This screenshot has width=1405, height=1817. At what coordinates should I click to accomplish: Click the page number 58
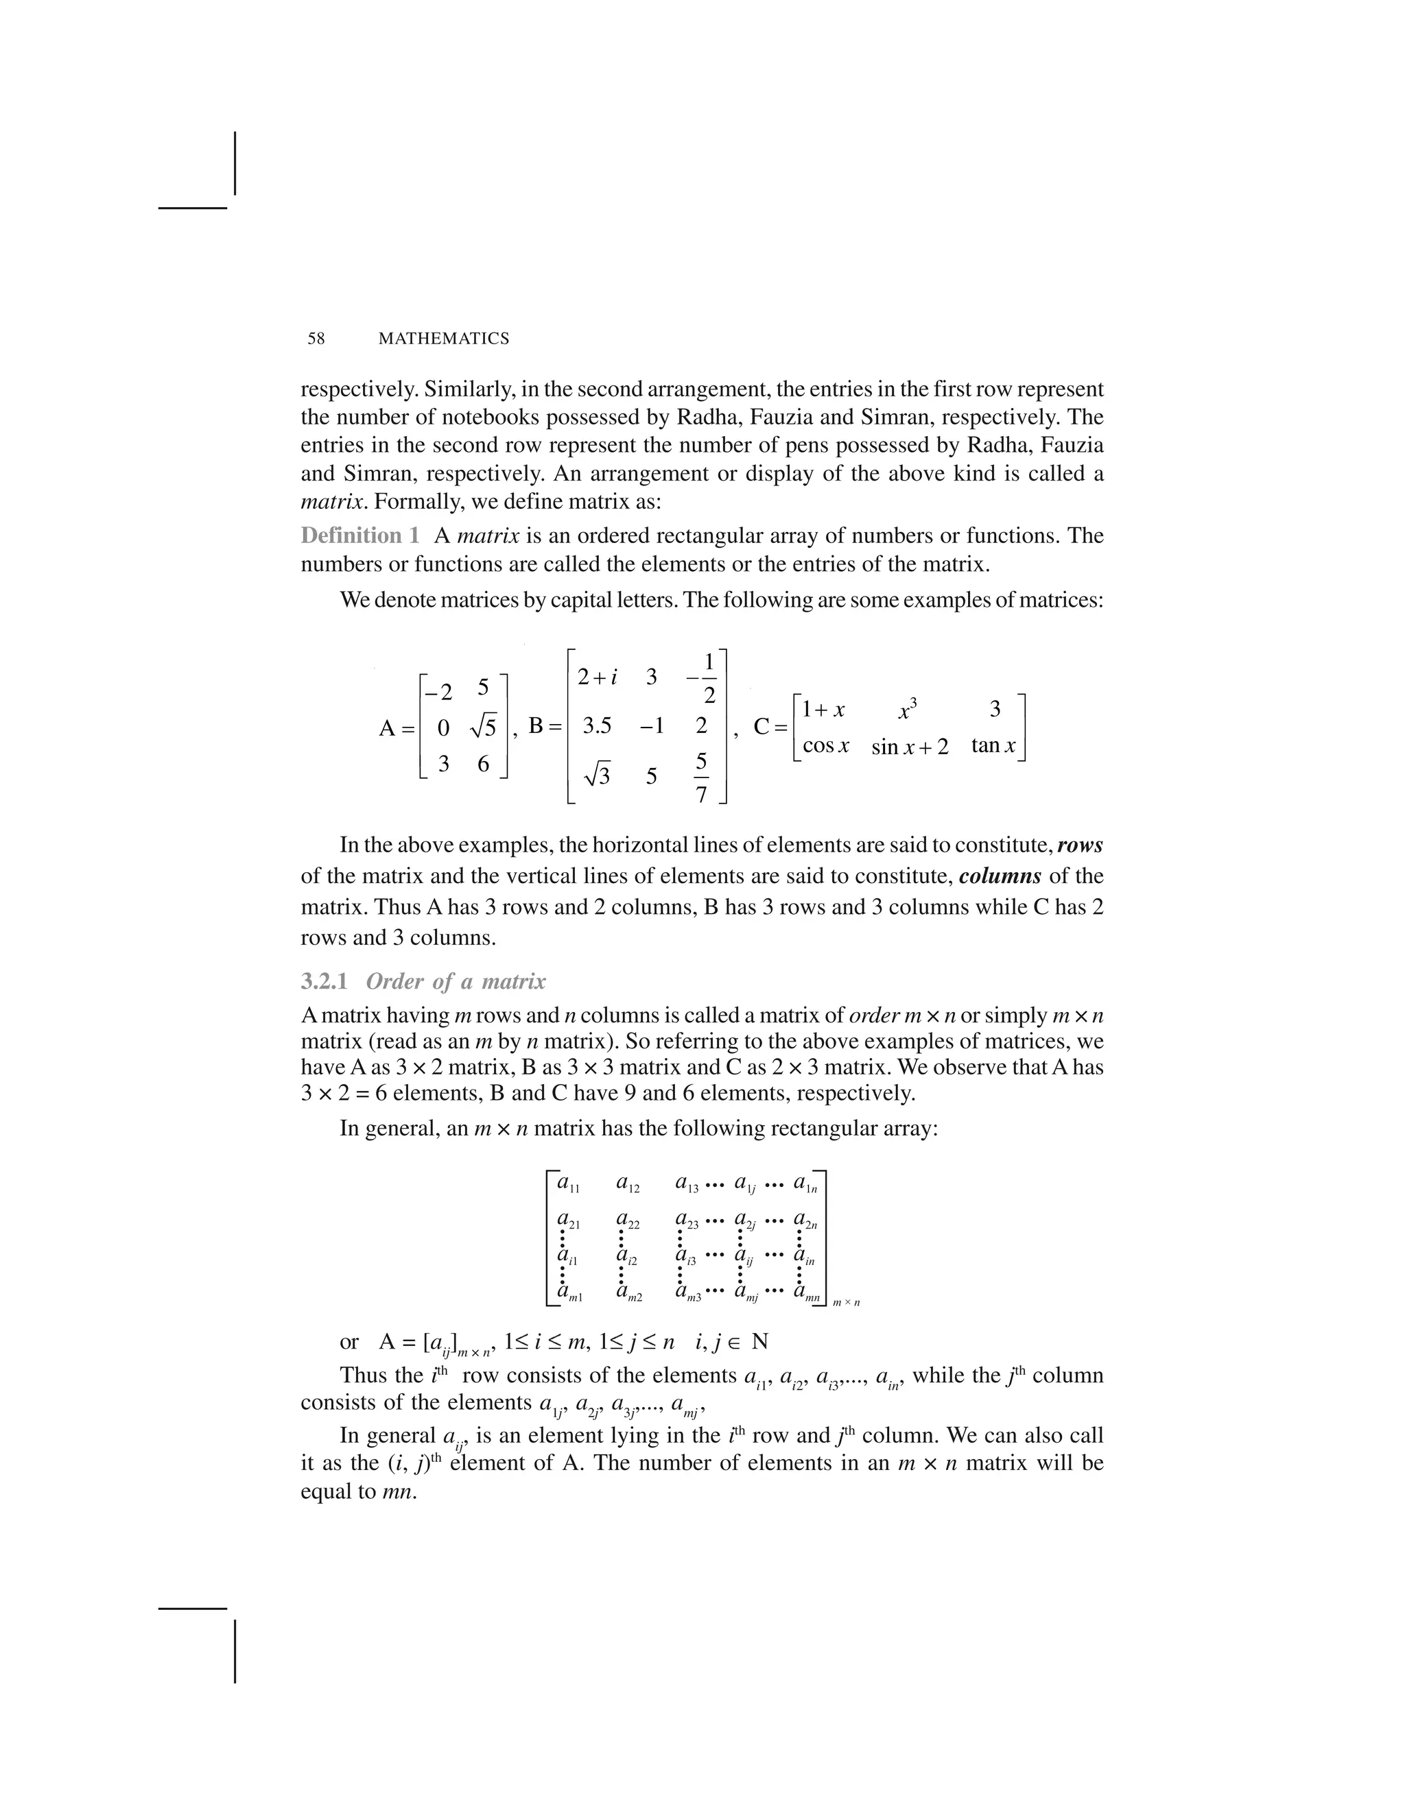click(x=316, y=339)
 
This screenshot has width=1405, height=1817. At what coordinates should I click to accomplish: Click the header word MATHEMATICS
click(x=444, y=339)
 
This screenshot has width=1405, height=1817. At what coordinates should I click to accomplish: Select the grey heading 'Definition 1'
click(x=359, y=536)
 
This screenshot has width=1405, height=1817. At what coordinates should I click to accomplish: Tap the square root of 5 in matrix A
click(x=483, y=727)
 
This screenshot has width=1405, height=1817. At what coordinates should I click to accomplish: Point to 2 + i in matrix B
click(x=597, y=677)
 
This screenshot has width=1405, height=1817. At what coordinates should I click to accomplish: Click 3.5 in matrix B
click(x=597, y=726)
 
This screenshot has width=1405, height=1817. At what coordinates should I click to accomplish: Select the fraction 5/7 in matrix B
click(x=701, y=777)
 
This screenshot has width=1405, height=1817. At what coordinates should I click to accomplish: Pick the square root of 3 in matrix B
click(x=597, y=775)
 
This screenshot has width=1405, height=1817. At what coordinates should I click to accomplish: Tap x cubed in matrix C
click(x=908, y=710)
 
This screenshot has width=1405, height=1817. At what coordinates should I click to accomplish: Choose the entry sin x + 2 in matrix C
click(x=910, y=747)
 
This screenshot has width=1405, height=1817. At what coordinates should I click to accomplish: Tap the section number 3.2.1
click(x=324, y=982)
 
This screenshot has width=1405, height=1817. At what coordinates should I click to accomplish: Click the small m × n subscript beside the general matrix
click(x=846, y=1303)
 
